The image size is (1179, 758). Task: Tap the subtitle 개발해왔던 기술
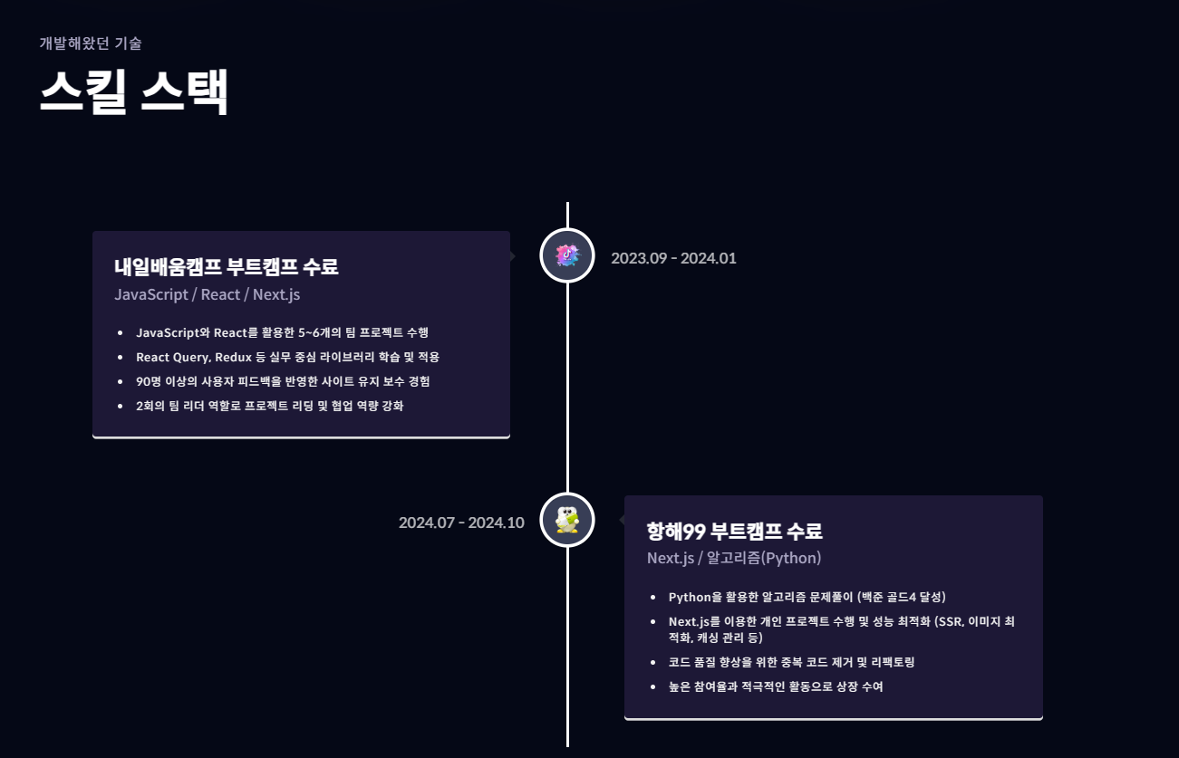(x=91, y=43)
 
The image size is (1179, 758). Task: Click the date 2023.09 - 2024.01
(x=673, y=258)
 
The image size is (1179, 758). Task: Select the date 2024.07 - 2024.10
(x=461, y=523)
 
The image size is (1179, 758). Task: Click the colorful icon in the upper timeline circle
(x=567, y=255)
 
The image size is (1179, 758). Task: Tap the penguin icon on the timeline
(x=567, y=521)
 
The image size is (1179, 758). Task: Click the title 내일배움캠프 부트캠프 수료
(x=226, y=267)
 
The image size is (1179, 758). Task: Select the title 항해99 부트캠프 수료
(x=734, y=531)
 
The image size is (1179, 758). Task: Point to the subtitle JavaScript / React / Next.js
(x=207, y=294)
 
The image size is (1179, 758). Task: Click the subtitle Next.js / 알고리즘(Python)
(x=734, y=558)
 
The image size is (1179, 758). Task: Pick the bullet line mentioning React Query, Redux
(x=287, y=357)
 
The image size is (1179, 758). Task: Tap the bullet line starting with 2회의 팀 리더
(x=269, y=406)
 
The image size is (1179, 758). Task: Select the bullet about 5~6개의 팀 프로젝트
(x=288, y=332)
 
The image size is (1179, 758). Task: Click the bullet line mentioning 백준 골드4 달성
(x=807, y=597)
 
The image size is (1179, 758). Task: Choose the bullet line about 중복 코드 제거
(x=791, y=662)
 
